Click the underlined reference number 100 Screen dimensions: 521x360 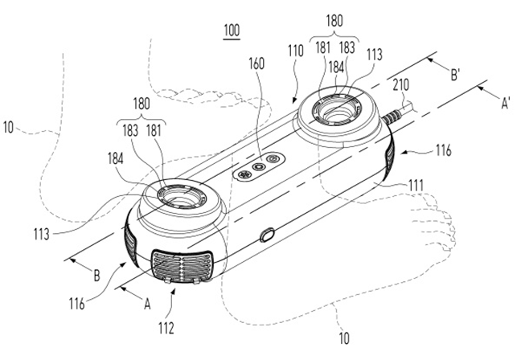(232, 31)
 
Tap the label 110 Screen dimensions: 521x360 (296, 51)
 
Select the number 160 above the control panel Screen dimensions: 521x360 (256, 63)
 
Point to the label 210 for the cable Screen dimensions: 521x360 (400, 85)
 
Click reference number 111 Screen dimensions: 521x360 (416, 186)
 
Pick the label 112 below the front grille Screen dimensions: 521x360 (166, 328)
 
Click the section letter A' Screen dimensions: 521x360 (505, 104)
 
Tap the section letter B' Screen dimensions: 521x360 (455, 75)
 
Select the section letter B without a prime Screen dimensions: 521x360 (96, 276)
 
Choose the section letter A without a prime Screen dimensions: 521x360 (147, 303)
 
